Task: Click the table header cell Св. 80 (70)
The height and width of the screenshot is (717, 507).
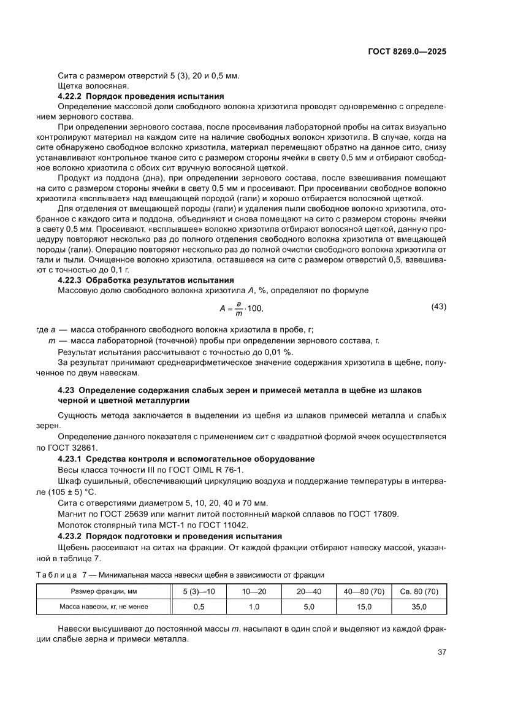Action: (x=419, y=591)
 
